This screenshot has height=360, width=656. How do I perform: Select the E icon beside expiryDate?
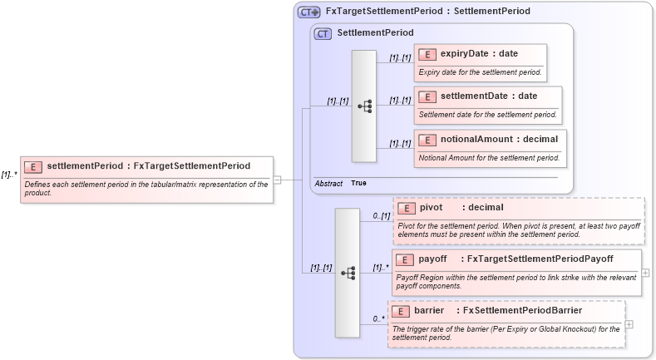(x=427, y=54)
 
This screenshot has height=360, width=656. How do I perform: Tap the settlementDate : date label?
(x=489, y=96)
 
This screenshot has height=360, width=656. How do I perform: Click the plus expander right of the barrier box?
(x=629, y=323)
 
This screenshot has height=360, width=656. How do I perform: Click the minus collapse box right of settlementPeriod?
(x=277, y=179)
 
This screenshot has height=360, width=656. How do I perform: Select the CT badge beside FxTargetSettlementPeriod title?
(x=308, y=12)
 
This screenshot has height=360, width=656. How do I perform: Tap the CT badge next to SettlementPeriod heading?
(x=323, y=33)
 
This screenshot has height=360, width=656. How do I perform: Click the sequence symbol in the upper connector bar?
(x=364, y=106)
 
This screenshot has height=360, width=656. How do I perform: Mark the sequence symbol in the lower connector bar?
(x=348, y=272)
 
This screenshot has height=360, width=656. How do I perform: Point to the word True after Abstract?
(x=358, y=182)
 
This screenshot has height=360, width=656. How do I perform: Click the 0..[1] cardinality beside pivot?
(x=381, y=216)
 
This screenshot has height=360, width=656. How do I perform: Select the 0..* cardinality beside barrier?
(x=378, y=318)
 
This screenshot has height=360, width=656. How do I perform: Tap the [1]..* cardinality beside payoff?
(x=381, y=268)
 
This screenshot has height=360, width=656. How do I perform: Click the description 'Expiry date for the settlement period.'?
(x=480, y=72)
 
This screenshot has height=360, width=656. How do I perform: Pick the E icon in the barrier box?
(x=402, y=311)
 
